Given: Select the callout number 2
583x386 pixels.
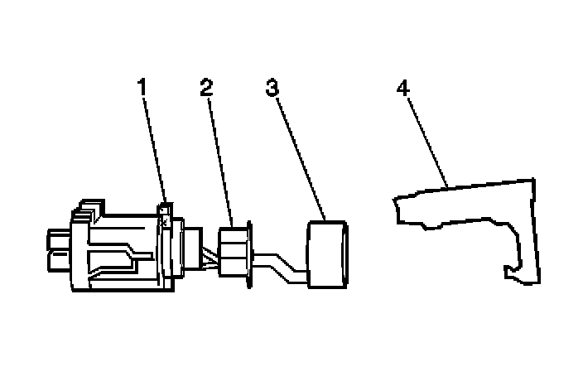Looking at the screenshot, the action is [x=206, y=86].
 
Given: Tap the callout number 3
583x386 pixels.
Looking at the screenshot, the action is [x=270, y=86].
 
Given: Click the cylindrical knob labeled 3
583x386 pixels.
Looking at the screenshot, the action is [x=327, y=255].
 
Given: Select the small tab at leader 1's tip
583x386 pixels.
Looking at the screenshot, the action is [x=165, y=215].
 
